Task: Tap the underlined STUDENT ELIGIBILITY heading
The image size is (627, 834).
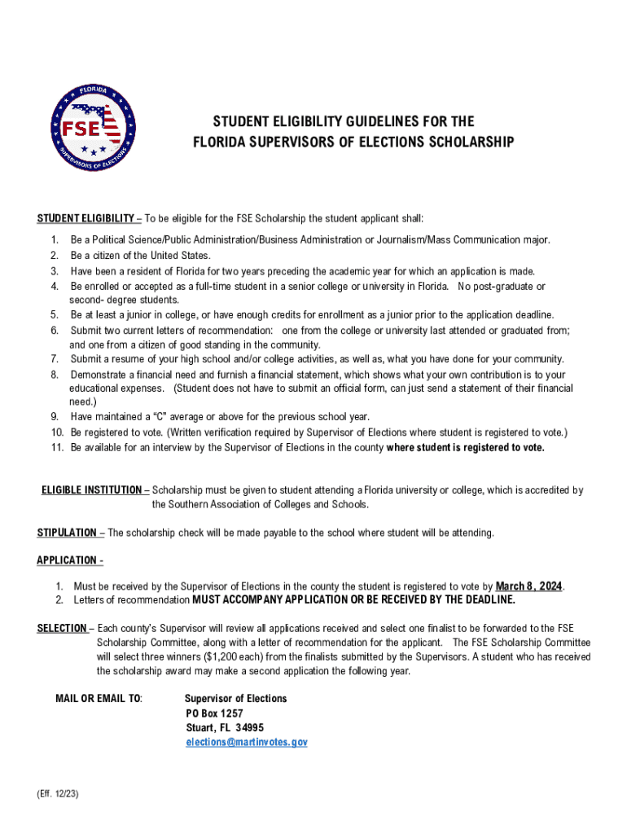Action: pos(85,218)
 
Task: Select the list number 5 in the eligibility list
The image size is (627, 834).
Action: pos(55,314)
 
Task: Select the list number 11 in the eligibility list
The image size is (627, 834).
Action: pos(56,447)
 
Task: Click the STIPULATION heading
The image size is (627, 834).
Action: pos(67,533)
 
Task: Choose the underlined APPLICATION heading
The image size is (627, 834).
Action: pos(68,560)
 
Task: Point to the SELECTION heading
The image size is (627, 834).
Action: pos(62,628)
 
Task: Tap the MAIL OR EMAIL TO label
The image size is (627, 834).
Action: pos(98,699)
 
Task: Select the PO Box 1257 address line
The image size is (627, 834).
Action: pos(214,713)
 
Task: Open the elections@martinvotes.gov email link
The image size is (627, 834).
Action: pos(246,742)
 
